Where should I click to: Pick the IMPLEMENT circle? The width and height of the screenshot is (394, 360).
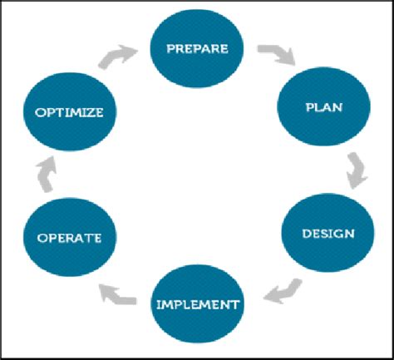198,303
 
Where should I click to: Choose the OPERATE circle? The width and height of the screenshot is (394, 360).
68,238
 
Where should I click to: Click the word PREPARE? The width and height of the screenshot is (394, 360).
197,47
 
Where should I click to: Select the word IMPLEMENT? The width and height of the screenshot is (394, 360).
198,304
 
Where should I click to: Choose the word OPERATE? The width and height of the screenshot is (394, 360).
68,239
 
